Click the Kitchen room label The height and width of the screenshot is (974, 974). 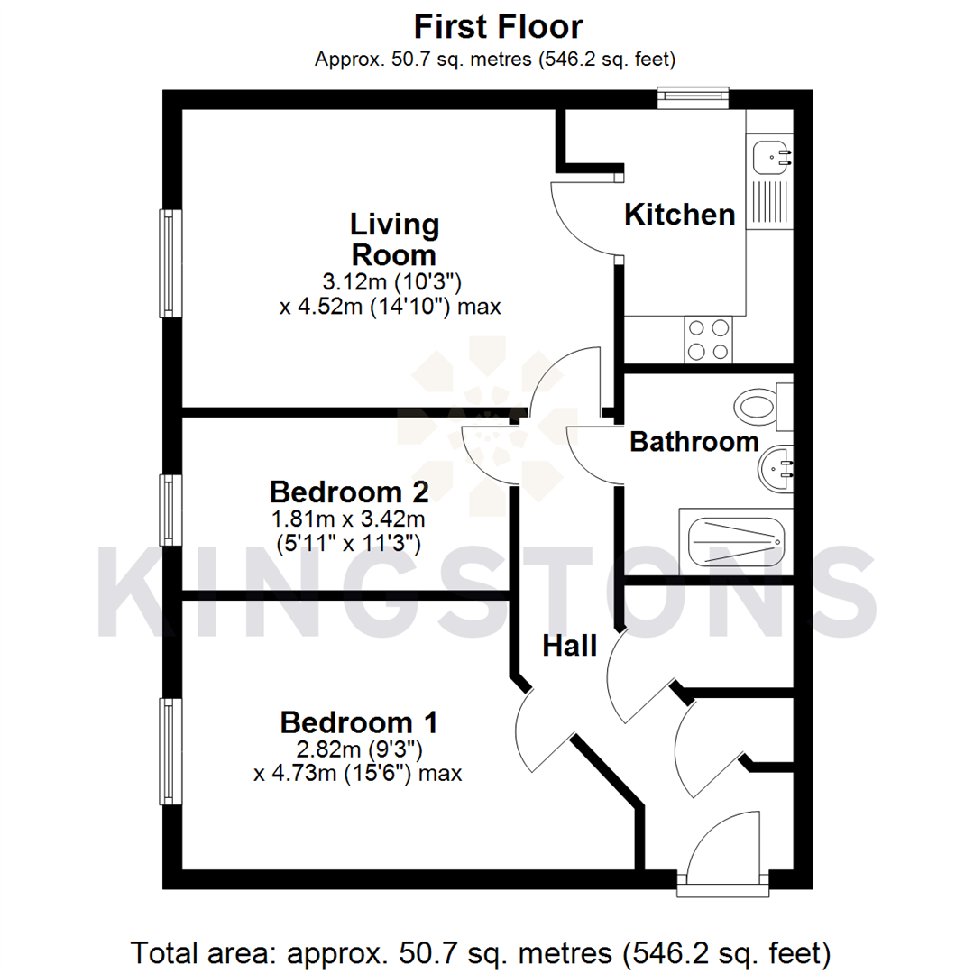[680, 215]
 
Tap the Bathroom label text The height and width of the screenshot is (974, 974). [694, 442]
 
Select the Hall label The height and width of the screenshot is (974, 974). [570, 646]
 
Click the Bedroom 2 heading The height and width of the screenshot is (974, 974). [348, 492]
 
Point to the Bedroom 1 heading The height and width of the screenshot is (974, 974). [359, 722]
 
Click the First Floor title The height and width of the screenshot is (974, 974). [498, 27]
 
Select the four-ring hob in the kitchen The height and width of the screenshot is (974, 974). [708, 340]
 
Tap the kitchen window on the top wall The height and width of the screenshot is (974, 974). [693, 96]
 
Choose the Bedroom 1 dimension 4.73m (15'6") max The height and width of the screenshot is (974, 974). [358, 773]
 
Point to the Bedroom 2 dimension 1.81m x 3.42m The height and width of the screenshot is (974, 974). [348, 519]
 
